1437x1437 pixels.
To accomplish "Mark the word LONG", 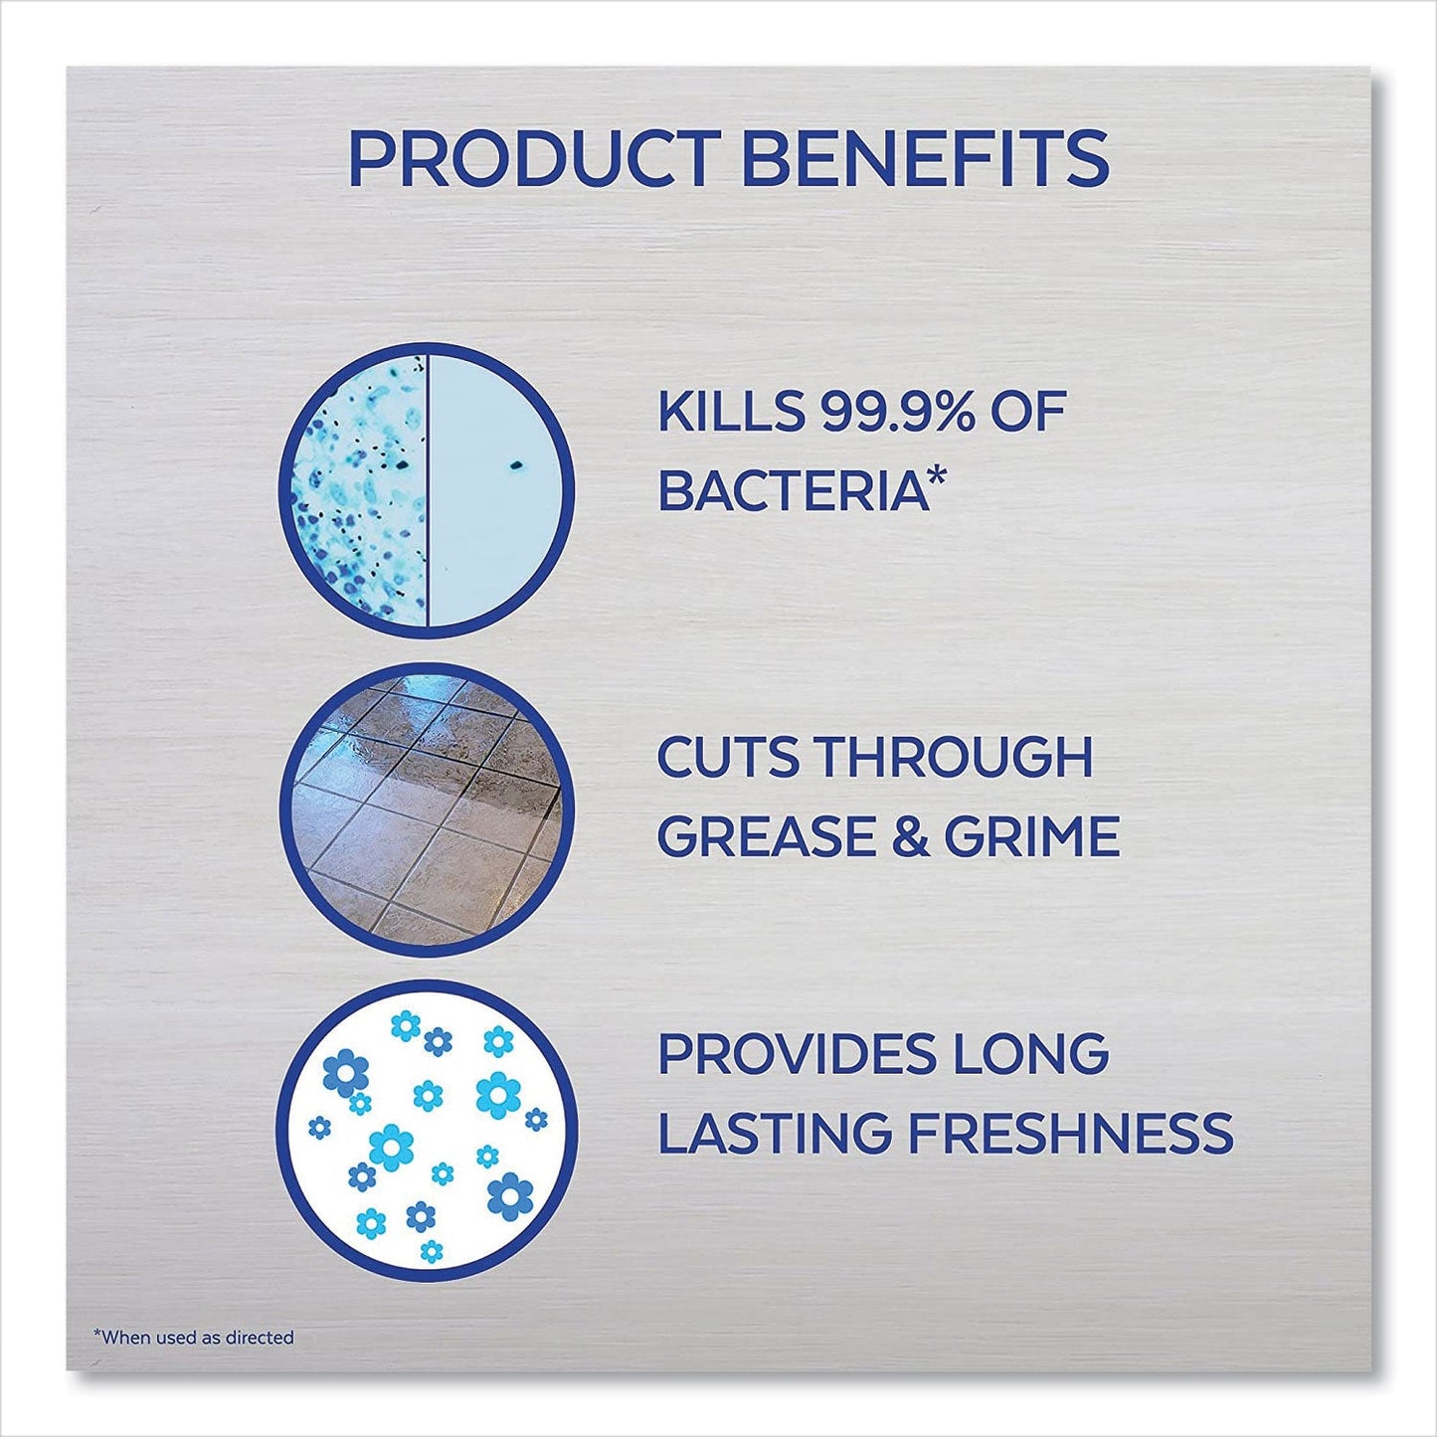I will coord(1051,1054).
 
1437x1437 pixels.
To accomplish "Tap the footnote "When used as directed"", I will coord(194,1338).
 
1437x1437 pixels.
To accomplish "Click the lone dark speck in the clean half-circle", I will coord(516,463).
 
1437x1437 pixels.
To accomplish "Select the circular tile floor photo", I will coord(428,809).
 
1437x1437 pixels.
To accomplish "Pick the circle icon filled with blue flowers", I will coord(428,1129).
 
